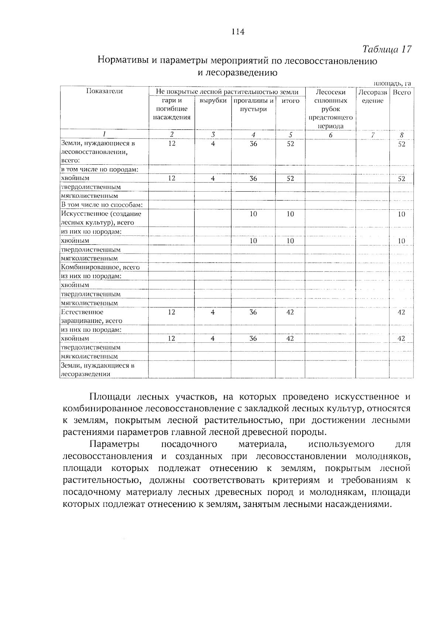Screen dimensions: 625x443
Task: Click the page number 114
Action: click(x=238, y=32)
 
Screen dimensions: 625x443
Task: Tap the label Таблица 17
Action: click(x=387, y=49)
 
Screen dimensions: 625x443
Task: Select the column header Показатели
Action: click(x=104, y=91)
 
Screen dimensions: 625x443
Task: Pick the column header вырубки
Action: click(x=213, y=101)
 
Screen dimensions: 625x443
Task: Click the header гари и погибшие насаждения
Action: click(x=172, y=109)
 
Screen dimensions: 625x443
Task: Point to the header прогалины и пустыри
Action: click(x=253, y=105)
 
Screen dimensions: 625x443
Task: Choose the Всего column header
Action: click(x=401, y=92)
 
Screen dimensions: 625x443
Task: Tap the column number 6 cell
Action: click(x=330, y=135)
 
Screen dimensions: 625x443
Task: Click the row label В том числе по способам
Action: click(x=102, y=205)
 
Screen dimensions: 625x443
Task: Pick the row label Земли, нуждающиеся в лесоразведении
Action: click(x=97, y=370)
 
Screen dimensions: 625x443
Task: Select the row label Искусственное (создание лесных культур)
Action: click(x=101, y=218)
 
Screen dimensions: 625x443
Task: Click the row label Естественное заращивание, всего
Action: click(x=92, y=316)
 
